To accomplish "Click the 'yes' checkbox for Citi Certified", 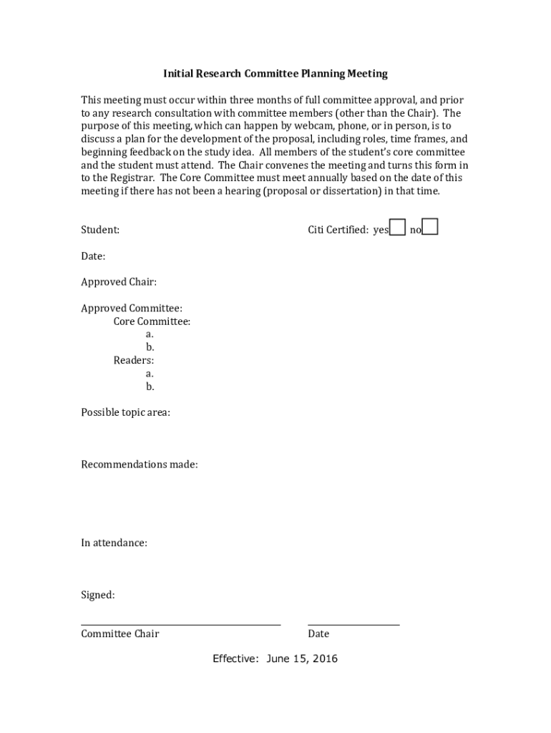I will pos(398,228).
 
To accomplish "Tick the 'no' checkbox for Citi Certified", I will pos(430,228).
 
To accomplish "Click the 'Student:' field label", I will pos(100,230).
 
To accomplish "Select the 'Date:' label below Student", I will pos(93,256).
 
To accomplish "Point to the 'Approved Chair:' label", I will pos(119,282).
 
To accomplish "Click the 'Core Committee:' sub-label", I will pos(152,321).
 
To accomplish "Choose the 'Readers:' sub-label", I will pos(133,360).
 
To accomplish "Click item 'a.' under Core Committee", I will pos(150,334).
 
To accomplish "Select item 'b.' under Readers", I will pos(150,387).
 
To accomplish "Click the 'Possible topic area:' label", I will pos(125,412).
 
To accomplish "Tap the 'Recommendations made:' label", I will pos(140,465).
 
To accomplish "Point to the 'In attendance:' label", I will pos(114,543).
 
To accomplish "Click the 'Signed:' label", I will pos(97,595).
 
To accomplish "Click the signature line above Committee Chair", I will pos(180,625).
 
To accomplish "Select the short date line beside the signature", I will pos(353,625).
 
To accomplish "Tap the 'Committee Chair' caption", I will pos(120,634).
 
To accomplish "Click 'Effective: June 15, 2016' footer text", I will pos(275,659).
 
